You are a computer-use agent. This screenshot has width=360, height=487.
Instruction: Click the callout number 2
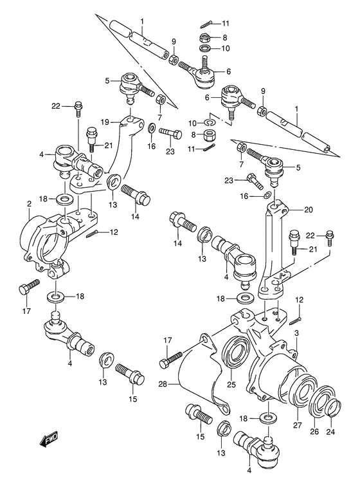point(30,204)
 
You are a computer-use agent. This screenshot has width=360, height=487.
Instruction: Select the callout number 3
point(296,333)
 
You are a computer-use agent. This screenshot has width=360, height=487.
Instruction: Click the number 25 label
point(231,386)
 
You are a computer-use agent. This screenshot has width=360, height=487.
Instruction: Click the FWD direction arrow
point(49,441)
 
